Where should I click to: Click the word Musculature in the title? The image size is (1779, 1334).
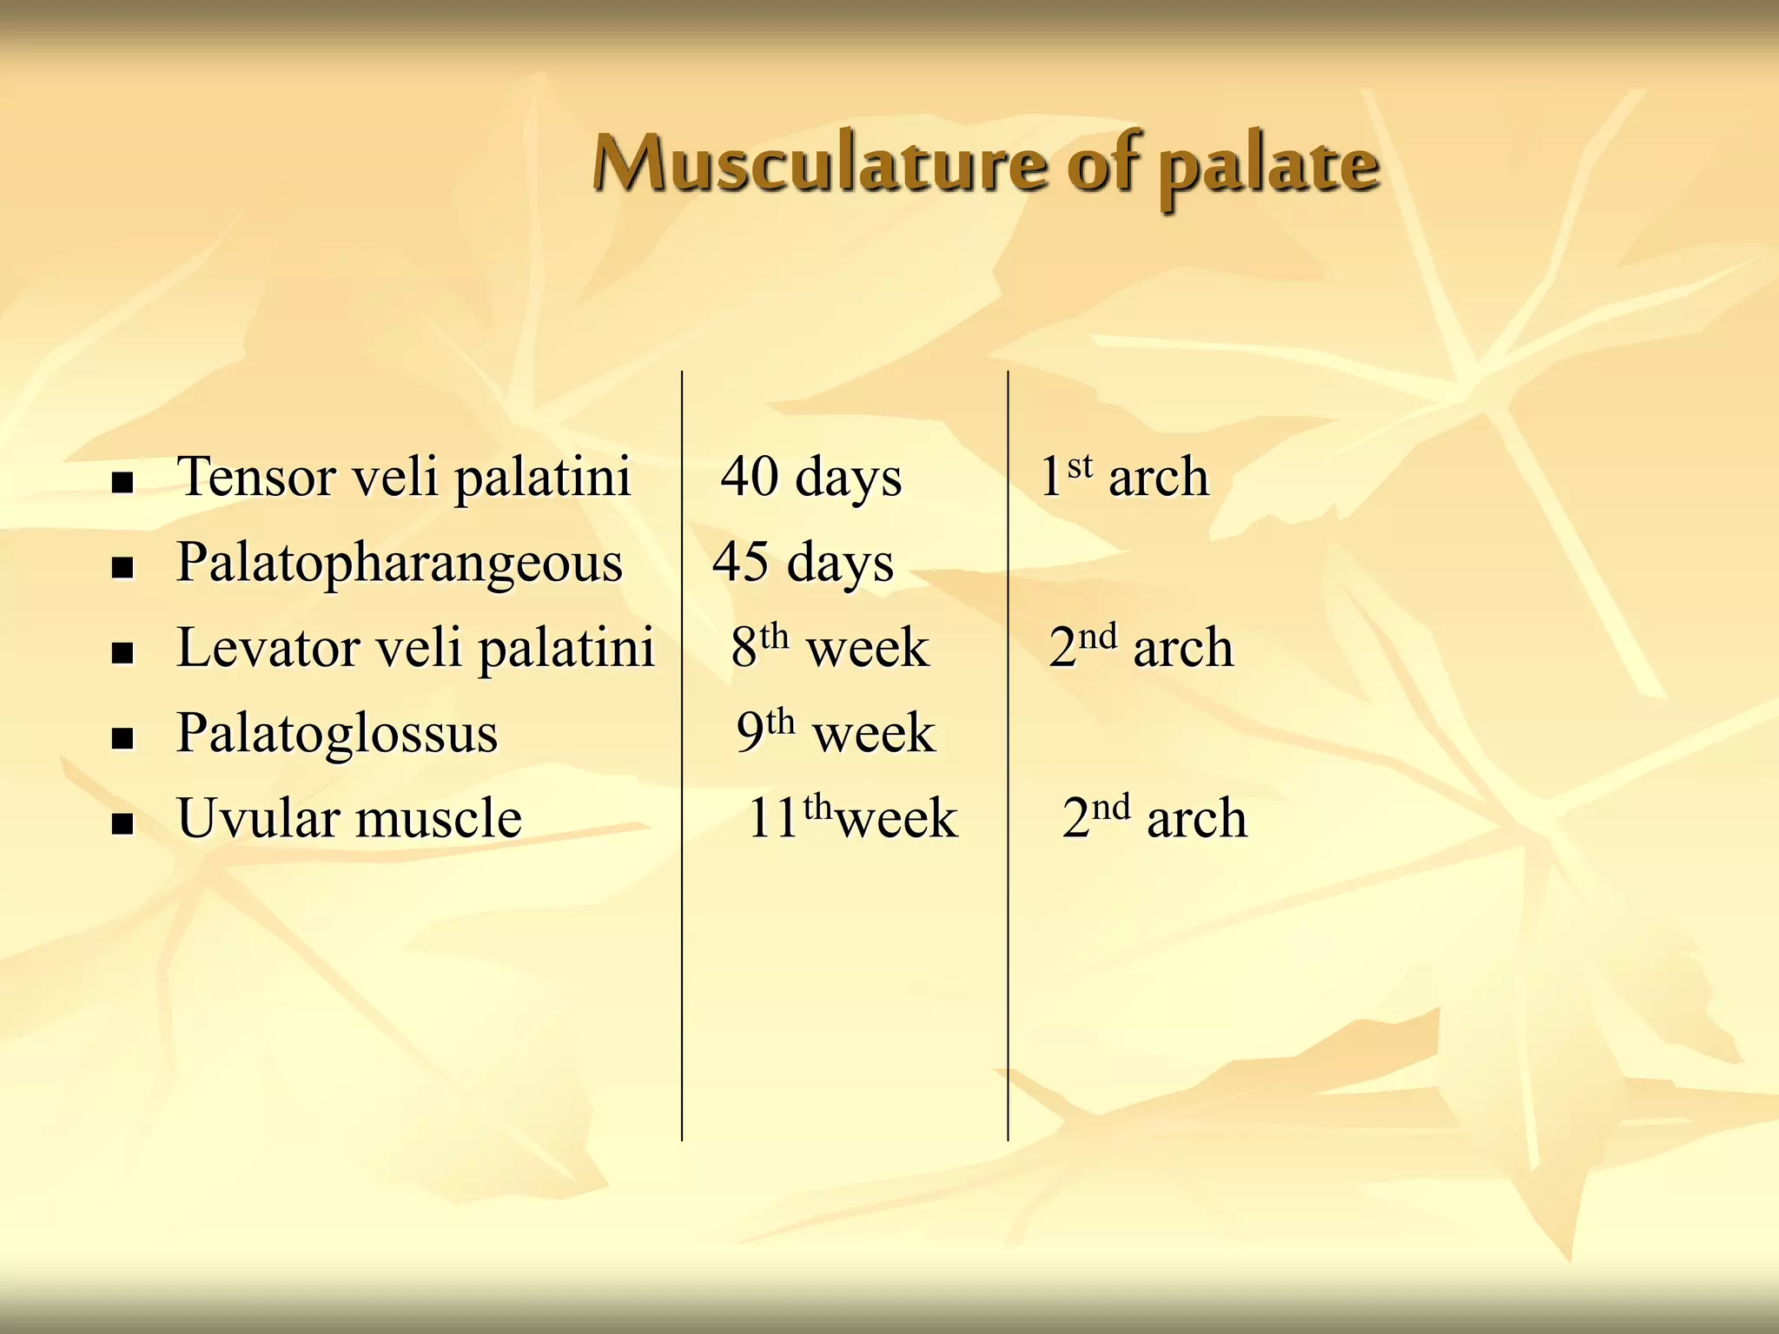pos(821,165)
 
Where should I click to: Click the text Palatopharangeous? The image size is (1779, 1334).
pos(400,564)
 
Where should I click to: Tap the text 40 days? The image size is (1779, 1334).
pos(811,478)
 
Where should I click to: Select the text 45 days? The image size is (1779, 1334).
pos(803,563)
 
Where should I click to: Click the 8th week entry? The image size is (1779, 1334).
pos(830,648)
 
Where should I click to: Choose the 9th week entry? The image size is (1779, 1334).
pos(836,733)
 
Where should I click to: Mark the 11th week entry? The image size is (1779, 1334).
pos(852,818)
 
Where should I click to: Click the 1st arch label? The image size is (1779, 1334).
pos(1124,477)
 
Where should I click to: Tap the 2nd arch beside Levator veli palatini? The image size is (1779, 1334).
pos(1141,648)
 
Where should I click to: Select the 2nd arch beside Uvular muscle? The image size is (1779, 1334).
pos(1154,818)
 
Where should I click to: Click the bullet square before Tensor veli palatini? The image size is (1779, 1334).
pos(122,483)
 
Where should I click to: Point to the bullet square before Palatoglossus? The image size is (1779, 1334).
pos(122,739)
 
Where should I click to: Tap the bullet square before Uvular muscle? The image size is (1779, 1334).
pos(122,824)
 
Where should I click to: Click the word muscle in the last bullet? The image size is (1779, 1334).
pos(439,819)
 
